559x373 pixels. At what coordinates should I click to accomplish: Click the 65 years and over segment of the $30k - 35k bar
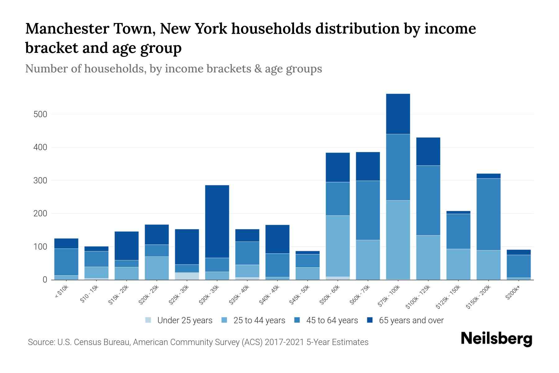point(217,221)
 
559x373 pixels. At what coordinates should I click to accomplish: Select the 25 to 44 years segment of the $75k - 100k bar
point(398,240)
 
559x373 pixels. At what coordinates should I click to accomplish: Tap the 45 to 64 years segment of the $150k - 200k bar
point(488,214)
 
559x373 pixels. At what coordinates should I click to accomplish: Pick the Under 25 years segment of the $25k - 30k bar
point(187,276)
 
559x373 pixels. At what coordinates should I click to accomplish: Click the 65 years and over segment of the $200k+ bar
point(518,252)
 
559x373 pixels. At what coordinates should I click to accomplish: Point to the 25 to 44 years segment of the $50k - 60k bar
point(338,246)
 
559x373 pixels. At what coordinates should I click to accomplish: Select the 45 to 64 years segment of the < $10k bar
point(66,262)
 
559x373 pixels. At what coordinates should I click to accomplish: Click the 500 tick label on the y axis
point(40,114)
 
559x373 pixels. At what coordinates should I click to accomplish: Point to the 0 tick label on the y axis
point(45,280)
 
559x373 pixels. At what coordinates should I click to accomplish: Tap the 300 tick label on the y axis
point(40,181)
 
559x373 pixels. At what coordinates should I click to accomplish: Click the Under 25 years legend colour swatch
point(148,320)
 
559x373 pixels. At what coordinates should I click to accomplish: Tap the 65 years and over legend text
point(411,320)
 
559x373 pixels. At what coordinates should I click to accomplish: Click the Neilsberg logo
point(496,339)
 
